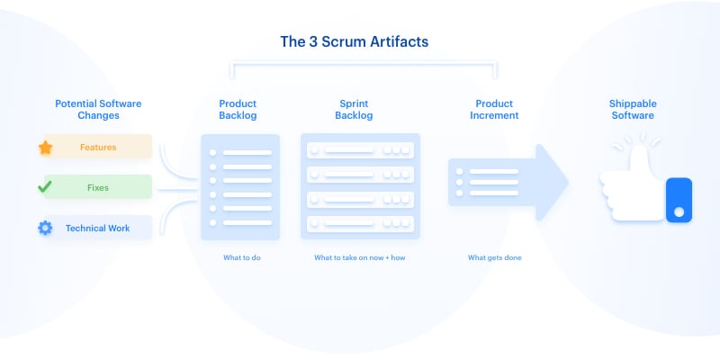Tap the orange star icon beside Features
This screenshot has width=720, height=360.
click(x=45, y=147)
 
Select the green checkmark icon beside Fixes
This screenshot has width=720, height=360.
click(x=44, y=187)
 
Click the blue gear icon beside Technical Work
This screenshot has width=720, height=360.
click(x=45, y=229)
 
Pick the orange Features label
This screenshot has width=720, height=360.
click(x=98, y=147)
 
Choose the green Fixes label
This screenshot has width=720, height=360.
click(x=98, y=187)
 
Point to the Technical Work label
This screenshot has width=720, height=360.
click(x=97, y=229)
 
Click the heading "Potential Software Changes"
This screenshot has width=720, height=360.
click(x=97, y=109)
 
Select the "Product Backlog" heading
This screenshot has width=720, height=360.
click(x=238, y=109)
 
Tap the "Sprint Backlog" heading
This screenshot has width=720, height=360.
click(x=353, y=109)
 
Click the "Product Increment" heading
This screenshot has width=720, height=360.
click(x=494, y=109)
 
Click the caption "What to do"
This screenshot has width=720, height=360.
click(x=241, y=258)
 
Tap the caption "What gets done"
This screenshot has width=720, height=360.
click(x=494, y=258)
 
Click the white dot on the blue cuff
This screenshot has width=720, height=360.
click(x=679, y=212)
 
